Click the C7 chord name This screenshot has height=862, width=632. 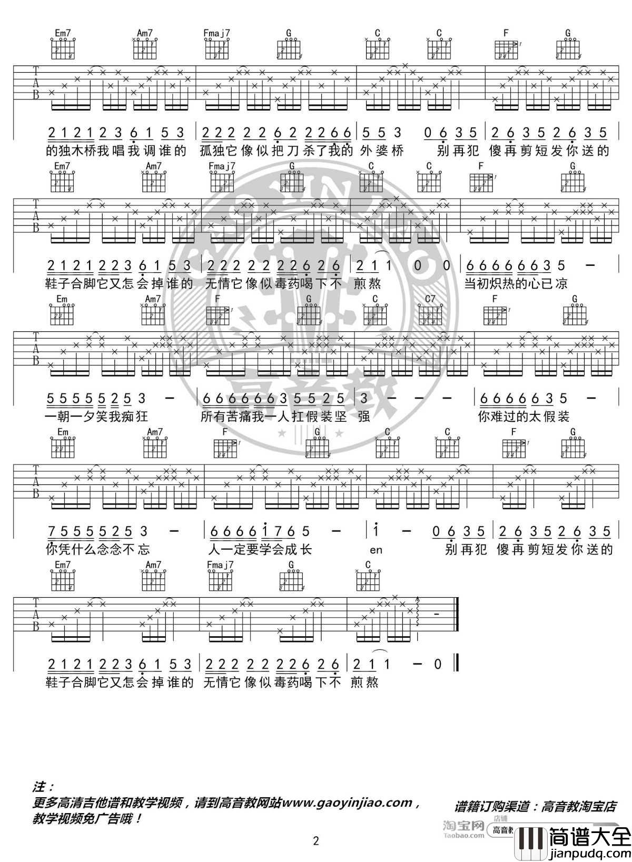(x=430, y=300)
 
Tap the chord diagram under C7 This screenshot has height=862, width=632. (x=430, y=315)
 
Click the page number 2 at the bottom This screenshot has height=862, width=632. (x=316, y=840)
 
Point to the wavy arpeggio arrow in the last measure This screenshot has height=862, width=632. (x=418, y=612)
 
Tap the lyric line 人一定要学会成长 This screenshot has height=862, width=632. (x=261, y=550)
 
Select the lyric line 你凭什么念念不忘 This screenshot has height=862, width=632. (x=98, y=550)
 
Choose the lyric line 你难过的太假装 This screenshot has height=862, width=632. (x=524, y=417)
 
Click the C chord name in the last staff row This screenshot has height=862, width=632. (x=368, y=565)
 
